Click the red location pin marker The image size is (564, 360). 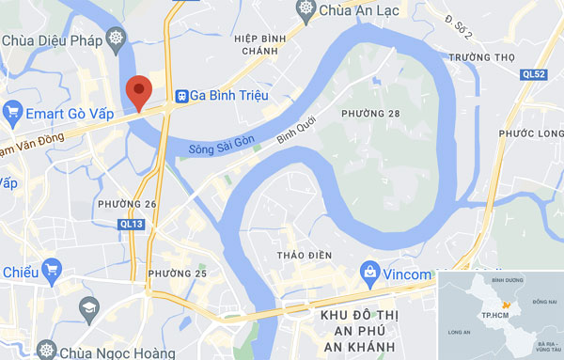click(x=139, y=91)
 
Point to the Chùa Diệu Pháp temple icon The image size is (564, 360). click(x=116, y=39)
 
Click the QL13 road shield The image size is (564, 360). click(x=132, y=225)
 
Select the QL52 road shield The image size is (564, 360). click(x=533, y=73)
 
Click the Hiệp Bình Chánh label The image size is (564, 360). click(x=259, y=45)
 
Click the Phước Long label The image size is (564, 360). click(x=530, y=133)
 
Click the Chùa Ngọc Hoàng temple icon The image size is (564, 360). click(x=45, y=352)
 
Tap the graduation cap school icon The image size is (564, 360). click(x=88, y=307)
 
